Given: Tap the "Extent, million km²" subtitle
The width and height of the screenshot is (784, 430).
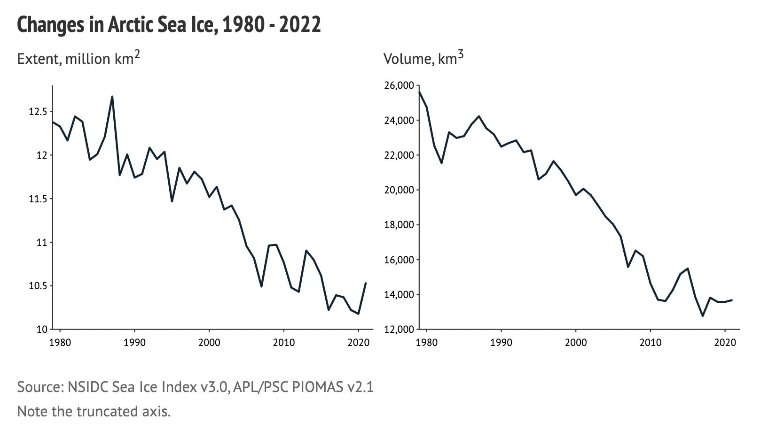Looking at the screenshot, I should click(78, 58).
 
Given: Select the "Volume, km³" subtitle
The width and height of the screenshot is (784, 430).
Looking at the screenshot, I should click(423, 58).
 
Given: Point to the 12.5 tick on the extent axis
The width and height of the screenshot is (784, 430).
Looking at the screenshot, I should click(38, 112).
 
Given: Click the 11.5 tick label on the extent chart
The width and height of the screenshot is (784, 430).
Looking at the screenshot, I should click(38, 199).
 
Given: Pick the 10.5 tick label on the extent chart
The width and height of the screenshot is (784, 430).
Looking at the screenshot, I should click(38, 286).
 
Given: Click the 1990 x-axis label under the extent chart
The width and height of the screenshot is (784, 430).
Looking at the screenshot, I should click(134, 342).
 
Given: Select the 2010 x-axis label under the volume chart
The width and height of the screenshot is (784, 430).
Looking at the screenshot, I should click(650, 342).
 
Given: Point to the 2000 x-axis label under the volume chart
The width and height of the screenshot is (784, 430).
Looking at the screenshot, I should click(576, 342).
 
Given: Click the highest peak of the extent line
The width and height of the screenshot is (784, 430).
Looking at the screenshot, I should click(112, 97).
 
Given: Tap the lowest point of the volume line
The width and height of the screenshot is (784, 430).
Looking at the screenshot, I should click(703, 316).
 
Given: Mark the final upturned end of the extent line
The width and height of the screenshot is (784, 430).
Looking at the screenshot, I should click(366, 283).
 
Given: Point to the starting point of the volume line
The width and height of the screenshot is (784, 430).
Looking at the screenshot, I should click(419, 92).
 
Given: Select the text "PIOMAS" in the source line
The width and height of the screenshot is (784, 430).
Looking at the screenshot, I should click(318, 387).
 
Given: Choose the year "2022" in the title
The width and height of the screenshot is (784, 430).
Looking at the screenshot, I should click(299, 24).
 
